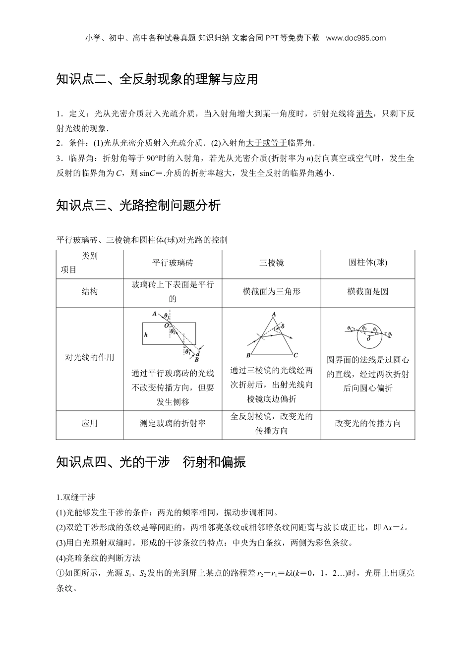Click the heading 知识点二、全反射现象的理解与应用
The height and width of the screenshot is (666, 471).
(x=157, y=79)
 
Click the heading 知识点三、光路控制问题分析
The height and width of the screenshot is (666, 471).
(x=138, y=206)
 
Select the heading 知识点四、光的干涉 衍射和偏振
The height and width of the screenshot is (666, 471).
(x=151, y=462)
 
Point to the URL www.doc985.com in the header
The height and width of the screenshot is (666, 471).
(x=356, y=38)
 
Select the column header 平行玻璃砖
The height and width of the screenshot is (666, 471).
(x=173, y=263)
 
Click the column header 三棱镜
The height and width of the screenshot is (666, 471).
(x=271, y=263)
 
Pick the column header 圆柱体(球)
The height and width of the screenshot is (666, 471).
(x=367, y=263)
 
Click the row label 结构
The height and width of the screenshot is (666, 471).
(x=90, y=292)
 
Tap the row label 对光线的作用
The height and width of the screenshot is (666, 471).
(x=90, y=357)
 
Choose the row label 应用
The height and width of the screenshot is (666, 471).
(x=90, y=424)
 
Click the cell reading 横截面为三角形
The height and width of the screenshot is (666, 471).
(x=271, y=292)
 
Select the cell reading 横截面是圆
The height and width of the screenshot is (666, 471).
(x=367, y=292)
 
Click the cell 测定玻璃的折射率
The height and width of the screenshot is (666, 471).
(x=173, y=424)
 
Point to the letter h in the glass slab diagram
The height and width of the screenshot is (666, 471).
(x=146, y=335)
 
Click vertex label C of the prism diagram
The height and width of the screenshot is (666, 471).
(x=295, y=355)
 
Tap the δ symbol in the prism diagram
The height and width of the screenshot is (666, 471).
(x=283, y=327)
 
